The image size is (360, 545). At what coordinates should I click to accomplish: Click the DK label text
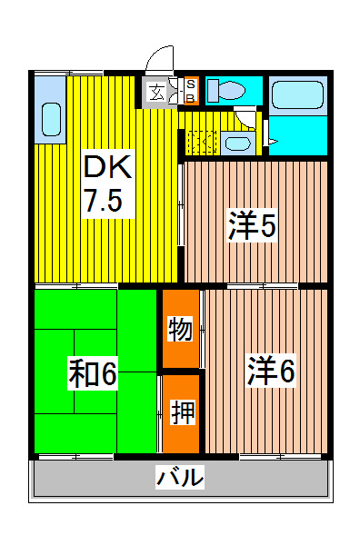(107, 166)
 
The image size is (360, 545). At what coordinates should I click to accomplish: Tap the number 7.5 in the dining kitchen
(104, 201)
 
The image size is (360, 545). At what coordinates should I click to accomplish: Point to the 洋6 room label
(271, 371)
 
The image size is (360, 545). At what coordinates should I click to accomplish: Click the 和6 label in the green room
(93, 373)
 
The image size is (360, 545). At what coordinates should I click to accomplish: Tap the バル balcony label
(180, 476)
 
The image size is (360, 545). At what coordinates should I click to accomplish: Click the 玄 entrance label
(157, 92)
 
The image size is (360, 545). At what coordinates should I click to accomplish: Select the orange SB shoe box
(191, 92)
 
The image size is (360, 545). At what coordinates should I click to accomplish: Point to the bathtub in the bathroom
(297, 96)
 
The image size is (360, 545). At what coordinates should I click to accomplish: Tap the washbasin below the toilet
(238, 143)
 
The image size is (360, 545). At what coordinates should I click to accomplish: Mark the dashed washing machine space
(201, 143)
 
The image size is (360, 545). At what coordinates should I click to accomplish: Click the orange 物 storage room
(180, 329)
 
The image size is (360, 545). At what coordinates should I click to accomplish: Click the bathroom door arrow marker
(272, 142)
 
